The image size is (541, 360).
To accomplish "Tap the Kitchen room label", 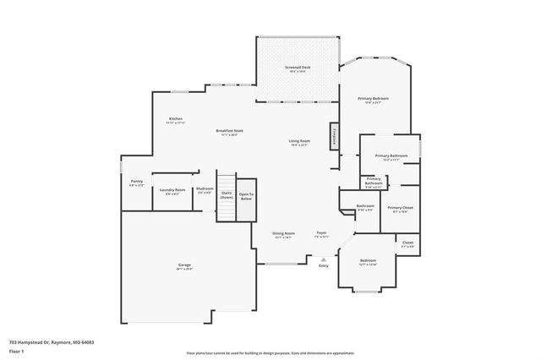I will pyautogui.click(x=176, y=119).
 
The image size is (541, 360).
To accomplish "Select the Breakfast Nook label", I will pyautogui.click(x=229, y=131).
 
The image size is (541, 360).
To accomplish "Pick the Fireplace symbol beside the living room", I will pyautogui.click(x=334, y=137).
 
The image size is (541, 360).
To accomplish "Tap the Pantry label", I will pyautogui.click(x=136, y=182).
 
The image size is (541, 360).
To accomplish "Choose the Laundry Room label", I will pyautogui.click(x=172, y=191).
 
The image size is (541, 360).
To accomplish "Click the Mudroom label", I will pyautogui.click(x=205, y=189).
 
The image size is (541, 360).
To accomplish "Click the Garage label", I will pyautogui.click(x=185, y=267).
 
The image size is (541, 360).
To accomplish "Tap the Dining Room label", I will pyautogui.click(x=283, y=233).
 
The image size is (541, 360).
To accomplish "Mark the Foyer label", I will pyautogui.click(x=322, y=233).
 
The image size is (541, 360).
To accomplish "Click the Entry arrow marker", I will pyautogui.click(x=323, y=258).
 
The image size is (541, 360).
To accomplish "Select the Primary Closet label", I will pyautogui.click(x=400, y=208).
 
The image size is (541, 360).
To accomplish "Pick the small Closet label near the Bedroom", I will pyautogui.click(x=407, y=243).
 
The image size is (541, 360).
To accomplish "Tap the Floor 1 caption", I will pyautogui.click(x=17, y=352).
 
